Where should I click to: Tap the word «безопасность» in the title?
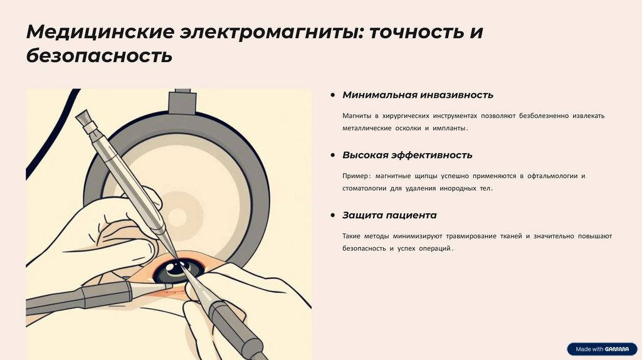point(99,56)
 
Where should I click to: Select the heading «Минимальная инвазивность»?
point(418,95)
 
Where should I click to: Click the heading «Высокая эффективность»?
point(407,155)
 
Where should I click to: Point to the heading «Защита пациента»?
point(389,215)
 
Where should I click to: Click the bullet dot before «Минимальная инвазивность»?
point(333,95)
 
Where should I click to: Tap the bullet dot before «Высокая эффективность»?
point(333,155)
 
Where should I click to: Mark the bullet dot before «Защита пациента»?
point(333,215)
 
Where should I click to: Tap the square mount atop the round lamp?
point(182,102)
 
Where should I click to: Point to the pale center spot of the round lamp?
point(177,217)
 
